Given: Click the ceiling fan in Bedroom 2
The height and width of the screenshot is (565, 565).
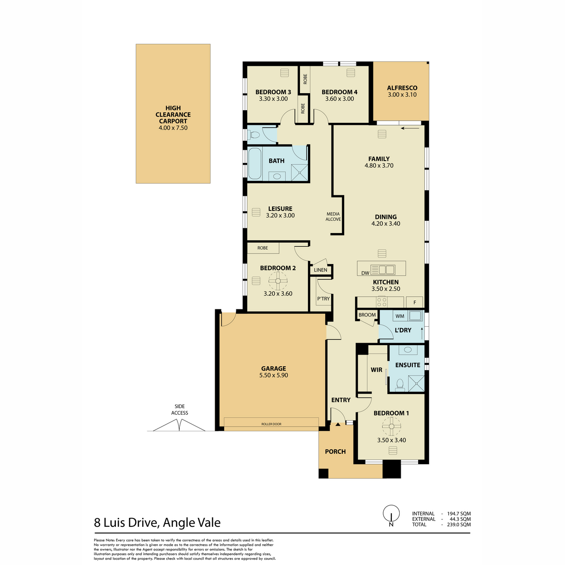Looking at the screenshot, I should [278, 282].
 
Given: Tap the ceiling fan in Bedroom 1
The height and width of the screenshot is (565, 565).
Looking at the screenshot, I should [391, 428].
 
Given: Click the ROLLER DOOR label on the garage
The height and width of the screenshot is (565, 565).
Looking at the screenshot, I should [271, 424].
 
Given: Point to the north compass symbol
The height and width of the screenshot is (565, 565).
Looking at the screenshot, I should [390, 515].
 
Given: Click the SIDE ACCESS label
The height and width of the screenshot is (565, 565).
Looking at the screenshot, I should [179, 410].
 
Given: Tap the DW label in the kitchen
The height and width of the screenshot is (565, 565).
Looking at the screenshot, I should [365, 273].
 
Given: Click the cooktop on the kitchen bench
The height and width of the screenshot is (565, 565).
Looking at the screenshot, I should [381, 301].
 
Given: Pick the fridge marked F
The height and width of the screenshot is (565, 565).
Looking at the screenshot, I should [415, 302].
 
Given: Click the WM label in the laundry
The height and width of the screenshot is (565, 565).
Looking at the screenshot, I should [400, 316].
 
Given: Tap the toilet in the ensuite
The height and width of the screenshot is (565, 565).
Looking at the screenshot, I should [400, 385].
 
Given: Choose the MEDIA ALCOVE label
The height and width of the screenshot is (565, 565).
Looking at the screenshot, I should [333, 217].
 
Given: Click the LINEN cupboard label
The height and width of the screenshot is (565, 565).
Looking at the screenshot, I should [321, 270].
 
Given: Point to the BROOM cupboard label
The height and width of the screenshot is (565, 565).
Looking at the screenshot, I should [367, 315].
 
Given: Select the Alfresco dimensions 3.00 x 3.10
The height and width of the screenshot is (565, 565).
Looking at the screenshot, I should [402, 95].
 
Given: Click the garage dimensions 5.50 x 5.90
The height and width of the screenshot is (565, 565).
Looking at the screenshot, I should [274, 375].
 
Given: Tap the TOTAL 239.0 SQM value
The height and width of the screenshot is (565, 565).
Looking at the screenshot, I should [459, 525].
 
